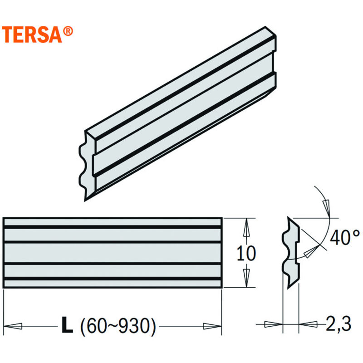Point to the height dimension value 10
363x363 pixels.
[246, 253]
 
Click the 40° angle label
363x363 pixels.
[345, 237]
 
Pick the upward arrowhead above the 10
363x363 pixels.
[246, 227]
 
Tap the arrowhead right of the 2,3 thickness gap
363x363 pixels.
[309, 324]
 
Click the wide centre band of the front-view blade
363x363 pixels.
[112, 252]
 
